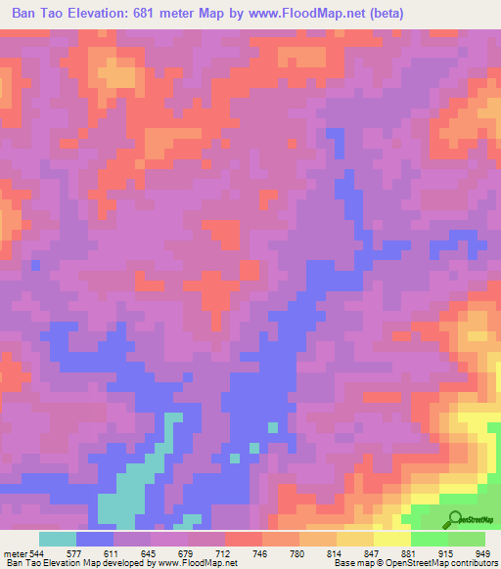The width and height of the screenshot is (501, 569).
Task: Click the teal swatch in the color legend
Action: point(58,539)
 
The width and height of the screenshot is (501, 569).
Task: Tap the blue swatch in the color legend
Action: point(95,539)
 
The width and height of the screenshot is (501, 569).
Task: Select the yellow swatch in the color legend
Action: point(392,539)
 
